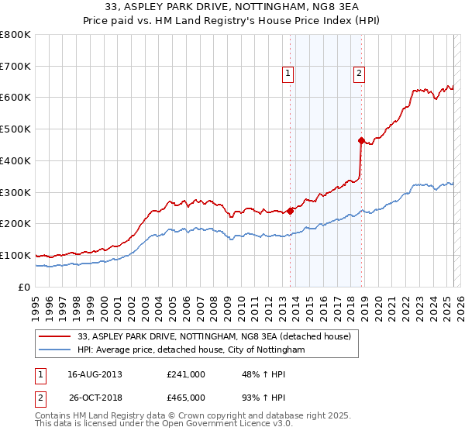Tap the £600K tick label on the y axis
point(15,98)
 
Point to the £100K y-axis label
point(15,255)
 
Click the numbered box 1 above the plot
point(288,74)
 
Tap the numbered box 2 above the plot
point(360,74)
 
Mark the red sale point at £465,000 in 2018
point(361,140)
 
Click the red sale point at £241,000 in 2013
point(290,210)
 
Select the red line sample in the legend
point(56,336)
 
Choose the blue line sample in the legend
point(56,350)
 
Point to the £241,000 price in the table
point(186,374)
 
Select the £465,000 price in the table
point(186,398)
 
